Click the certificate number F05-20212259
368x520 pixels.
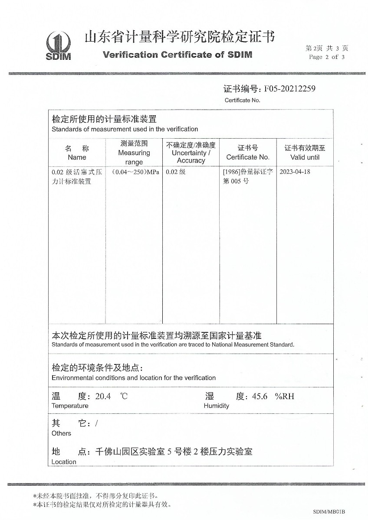click(287, 89)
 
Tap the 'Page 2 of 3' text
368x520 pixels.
click(327, 57)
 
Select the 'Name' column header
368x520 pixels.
click(77, 157)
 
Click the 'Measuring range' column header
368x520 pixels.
click(134, 153)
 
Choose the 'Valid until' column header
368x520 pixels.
click(305, 157)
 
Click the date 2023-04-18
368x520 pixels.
click(295, 172)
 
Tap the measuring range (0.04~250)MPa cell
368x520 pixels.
click(135, 172)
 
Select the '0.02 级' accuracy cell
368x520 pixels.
click(176, 172)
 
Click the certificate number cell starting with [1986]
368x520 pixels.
click(247, 176)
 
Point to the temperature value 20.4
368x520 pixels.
click(103, 396)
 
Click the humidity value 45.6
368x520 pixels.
click(260, 396)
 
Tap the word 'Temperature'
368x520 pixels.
click(70, 406)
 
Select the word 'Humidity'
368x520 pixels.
click(216, 406)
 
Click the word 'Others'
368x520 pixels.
click(61, 433)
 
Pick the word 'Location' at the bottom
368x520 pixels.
click(64, 462)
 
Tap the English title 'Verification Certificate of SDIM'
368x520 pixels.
click(177, 55)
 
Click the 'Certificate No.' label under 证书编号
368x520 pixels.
click(242, 101)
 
